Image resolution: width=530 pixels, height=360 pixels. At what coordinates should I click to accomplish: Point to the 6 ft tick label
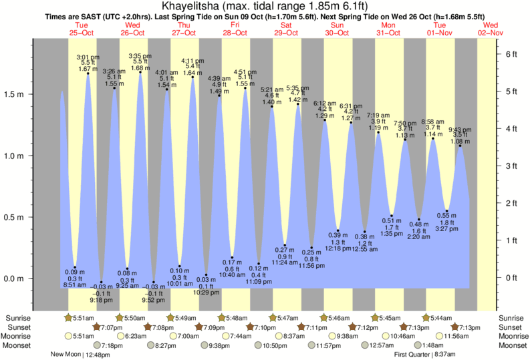click(511, 53)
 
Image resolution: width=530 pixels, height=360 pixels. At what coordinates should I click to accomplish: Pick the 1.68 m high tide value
click(140, 68)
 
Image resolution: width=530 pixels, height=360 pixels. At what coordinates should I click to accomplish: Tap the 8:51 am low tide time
click(75, 285)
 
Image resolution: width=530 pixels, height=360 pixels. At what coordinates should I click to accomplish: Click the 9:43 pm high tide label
click(460, 130)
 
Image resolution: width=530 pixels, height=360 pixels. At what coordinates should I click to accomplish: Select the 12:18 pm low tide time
click(338, 248)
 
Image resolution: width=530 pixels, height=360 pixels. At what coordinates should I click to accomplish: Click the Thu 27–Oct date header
click(184, 29)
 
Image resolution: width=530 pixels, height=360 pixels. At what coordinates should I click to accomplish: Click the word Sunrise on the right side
click(512, 317)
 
